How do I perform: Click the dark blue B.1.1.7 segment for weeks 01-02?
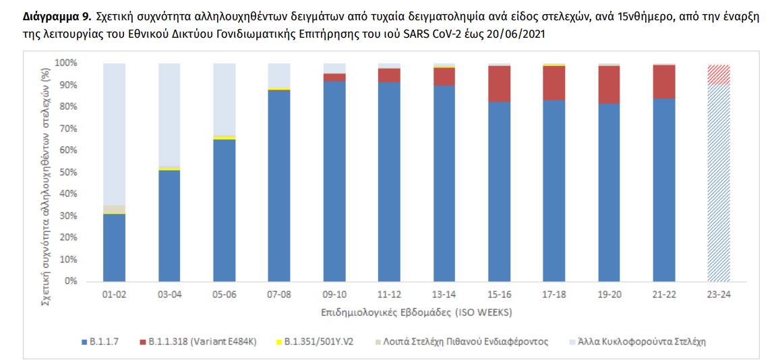pos(114,247)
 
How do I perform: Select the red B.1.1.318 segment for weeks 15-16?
pos(499,84)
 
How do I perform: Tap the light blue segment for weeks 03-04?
pos(169,115)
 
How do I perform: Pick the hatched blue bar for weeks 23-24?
pos(719,182)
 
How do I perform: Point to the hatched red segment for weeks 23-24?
pos(719,75)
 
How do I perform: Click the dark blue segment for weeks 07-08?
pos(279,185)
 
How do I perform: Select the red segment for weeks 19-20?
pos(609,85)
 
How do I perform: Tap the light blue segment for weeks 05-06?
pos(224,99)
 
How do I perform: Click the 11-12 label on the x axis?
pos(389,295)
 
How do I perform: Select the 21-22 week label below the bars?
pos(664,295)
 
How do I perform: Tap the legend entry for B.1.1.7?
pos(100,342)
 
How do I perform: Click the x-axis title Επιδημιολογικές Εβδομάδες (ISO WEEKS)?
pos(411,313)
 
